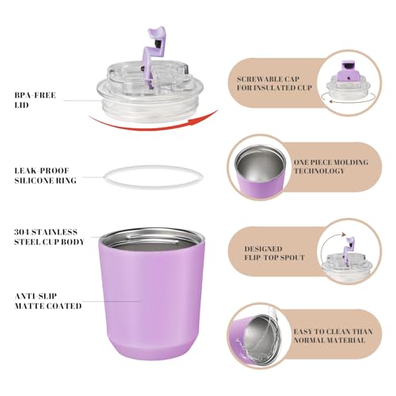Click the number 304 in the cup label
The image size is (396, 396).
pos(21,232)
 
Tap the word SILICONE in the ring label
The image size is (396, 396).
pos(35,181)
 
